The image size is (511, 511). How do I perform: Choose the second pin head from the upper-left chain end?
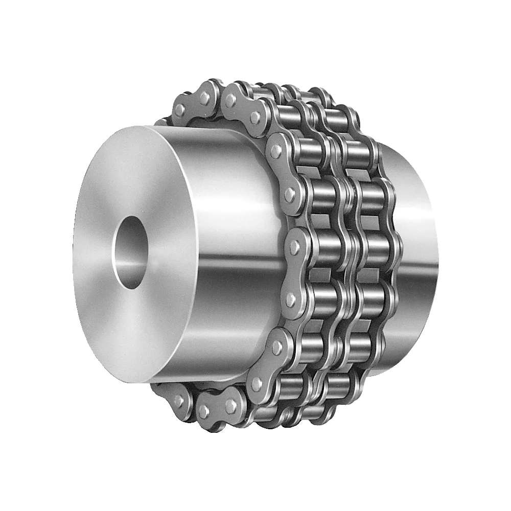(204, 98)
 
